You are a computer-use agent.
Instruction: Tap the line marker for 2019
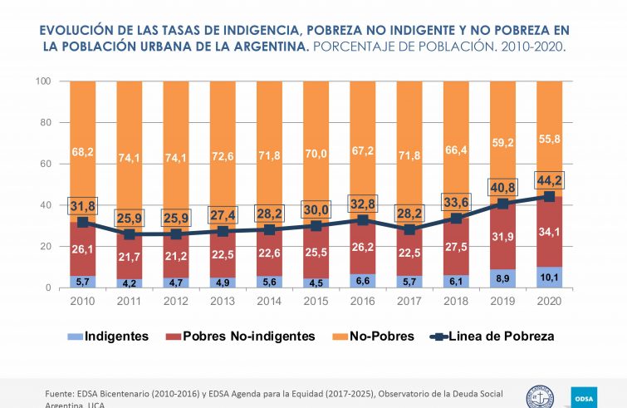click(503, 204)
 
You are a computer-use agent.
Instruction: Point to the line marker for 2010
click(83, 223)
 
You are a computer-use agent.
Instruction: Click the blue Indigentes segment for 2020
click(550, 277)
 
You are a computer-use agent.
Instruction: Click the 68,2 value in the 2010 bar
click(83, 151)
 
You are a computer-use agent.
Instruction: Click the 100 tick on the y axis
click(44, 81)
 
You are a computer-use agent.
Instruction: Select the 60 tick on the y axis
click(47, 164)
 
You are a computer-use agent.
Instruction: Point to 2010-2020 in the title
click(532, 47)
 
